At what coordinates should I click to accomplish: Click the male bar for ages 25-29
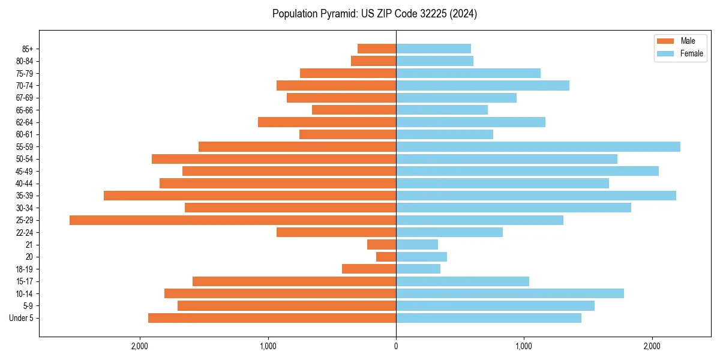233,220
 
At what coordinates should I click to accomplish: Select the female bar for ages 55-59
538,147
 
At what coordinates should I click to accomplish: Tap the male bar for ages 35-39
250,196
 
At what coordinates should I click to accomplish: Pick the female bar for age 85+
433,49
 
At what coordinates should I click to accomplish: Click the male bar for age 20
386,257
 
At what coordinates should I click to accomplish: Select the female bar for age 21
417,245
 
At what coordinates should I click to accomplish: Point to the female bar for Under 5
488,318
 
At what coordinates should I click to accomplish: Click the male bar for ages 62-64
327,122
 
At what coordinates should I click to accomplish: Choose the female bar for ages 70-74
482,86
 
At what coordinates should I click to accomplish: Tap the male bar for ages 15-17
294,281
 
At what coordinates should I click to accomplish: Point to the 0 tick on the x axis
396,346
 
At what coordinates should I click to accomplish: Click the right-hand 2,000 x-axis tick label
652,346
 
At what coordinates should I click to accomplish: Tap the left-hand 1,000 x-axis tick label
268,346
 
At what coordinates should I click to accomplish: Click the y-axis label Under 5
21,318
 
